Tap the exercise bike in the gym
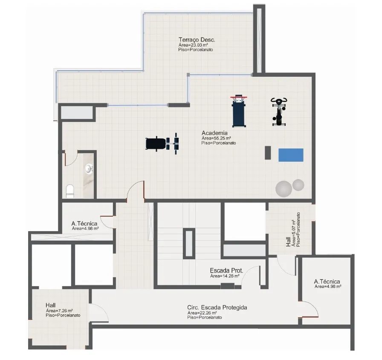[279, 112]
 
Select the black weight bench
[162, 144]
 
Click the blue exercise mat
[291, 155]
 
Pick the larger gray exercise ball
[284, 189]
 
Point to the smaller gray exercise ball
[298, 185]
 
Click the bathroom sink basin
[89, 168]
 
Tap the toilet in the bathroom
[70, 192]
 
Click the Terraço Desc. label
[197, 40]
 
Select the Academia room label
[214, 133]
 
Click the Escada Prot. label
[226, 270]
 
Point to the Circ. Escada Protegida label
[217, 308]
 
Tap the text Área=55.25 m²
[216, 138]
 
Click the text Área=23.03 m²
[193, 45]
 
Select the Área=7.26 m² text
[59, 311]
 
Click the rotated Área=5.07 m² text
[294, 233]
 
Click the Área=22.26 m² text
[202, 313]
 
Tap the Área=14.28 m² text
[225, 276]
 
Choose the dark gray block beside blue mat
[268, 153]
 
